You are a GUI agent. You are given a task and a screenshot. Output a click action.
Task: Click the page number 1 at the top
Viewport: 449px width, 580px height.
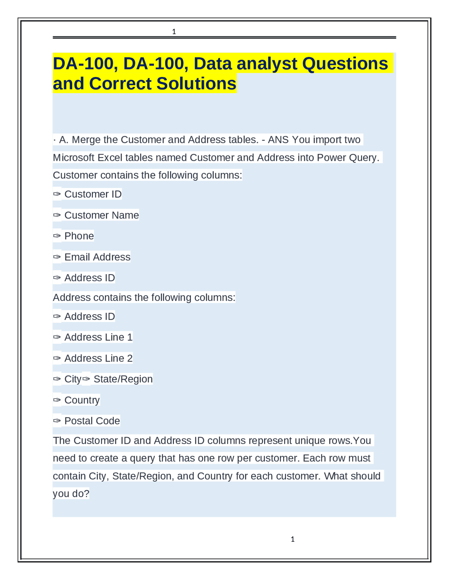pyautogui.click(x=174, y=32)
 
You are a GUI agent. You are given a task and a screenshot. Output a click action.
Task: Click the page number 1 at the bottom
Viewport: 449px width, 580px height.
pyautogui.click(x=293, y=539)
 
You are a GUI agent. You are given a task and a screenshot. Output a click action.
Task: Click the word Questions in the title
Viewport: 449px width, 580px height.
pyautogui.click(x=345, y=63)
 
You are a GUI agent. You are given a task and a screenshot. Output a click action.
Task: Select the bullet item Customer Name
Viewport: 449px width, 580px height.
pyautogui.click(x=101, y=215)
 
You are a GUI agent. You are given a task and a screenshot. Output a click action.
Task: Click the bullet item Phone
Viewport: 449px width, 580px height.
pyautogui.click(x=79, y=236)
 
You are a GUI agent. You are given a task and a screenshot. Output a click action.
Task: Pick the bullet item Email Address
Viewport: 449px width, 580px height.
pyautogui.click(x=97, y=257)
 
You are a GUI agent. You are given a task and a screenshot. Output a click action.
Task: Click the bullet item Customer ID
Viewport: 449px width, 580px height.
pyautogui.click(x=93, y=194)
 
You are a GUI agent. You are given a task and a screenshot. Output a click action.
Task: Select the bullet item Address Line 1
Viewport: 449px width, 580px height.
pyautogui.click(x=98, y=337)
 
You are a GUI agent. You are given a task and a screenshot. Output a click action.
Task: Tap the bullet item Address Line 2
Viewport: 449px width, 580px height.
pyautogui.click(x=98, y=358)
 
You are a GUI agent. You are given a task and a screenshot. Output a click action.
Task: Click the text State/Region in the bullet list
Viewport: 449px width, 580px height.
pyautogui.click(x=123, y=379)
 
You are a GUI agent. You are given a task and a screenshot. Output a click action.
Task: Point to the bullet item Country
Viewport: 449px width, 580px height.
pyautogui.click(x=82, y=400)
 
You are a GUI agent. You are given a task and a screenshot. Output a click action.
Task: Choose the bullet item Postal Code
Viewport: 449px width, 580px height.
pyautogui.click(x=92, y=421)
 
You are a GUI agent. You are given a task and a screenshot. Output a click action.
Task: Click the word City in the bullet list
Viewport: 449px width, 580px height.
pyautogui.click(x=73, y=379)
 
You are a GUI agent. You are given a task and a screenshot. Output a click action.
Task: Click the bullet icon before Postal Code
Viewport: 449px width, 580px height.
pyautogui.click(x=57, y=421)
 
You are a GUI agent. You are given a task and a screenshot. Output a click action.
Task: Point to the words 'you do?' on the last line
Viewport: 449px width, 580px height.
pyautogui.click(x=71, y=493)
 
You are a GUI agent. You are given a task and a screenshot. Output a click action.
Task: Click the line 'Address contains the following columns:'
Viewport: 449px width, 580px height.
pyautogui.click(x=144, y=297)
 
